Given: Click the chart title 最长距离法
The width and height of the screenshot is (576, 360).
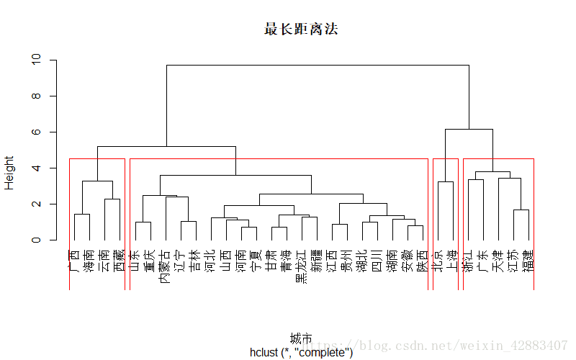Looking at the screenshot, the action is pos(301,30).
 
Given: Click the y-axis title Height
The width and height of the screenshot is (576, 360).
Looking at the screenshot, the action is pos(9,173).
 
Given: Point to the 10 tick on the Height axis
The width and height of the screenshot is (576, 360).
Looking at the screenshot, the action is pos(37,60).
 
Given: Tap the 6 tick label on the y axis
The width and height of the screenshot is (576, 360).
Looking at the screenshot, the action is pos(37,132).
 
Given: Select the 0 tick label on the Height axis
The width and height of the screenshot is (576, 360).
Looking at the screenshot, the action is pos(37,240).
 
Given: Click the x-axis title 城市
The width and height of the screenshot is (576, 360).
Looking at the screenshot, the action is pos(301,338).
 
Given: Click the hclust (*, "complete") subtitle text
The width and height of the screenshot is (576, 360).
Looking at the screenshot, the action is pos(301,352).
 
